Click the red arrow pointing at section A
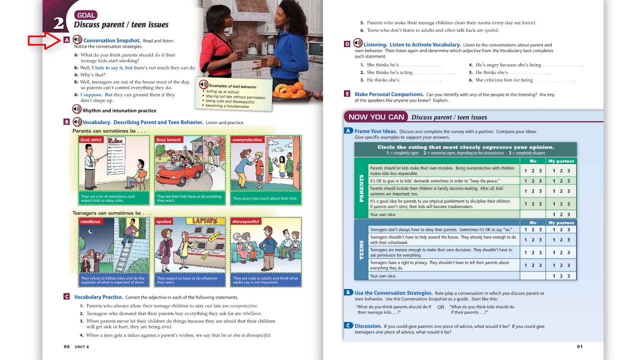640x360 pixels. click(44, 40)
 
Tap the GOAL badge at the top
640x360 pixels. click(85, 15)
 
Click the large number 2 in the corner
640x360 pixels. click(58, 23)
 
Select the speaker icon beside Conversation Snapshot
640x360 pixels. click(77, 39)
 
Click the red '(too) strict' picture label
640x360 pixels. click(90, 139)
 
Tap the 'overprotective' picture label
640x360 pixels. click(247, 140)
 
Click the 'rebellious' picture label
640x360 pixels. click(90, 221)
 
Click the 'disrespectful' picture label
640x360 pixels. click(246, 221)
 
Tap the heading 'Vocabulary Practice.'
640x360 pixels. click(98, 297)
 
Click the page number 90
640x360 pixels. click(66, 346)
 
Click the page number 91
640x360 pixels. click(579, 346)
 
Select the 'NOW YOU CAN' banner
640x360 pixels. click(376, 117)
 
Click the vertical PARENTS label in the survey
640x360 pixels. click(361, 188)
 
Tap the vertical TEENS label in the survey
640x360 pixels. click(361, 250)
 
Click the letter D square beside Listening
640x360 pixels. click(347, 44)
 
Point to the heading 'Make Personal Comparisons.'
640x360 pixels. click(389, 94)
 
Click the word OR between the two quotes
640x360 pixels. click(440, 307)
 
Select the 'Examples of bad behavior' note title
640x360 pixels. click(232, 86)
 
